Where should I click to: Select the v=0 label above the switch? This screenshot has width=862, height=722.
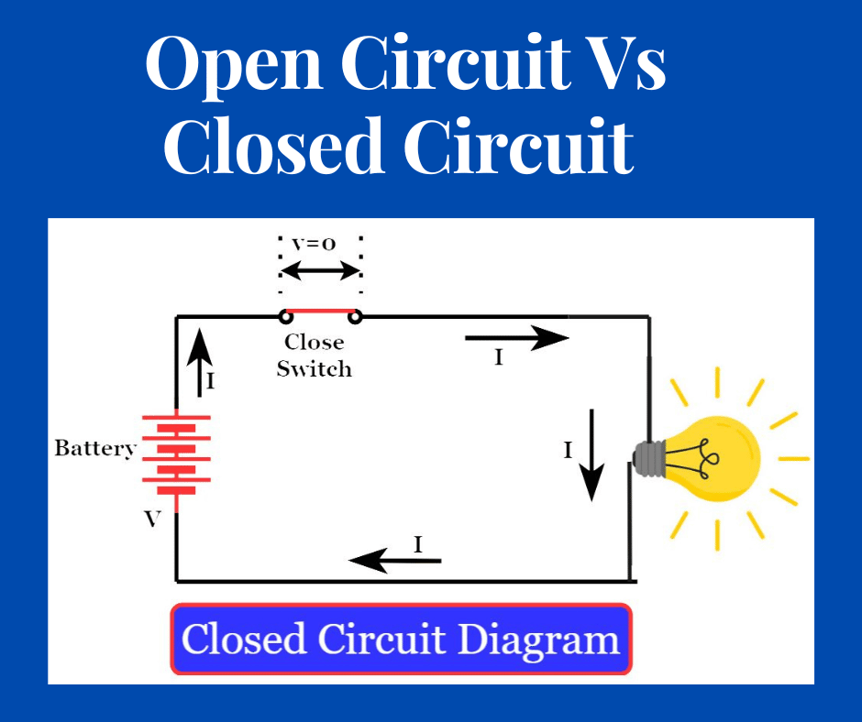314,244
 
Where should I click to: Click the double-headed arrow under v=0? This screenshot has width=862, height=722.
320,270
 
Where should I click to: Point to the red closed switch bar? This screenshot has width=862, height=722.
320,311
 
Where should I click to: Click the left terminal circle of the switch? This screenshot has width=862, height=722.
286,317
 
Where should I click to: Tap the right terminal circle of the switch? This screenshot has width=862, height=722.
355,317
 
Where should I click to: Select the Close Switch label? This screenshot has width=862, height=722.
314,356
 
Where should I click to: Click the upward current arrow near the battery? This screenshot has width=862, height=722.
201,362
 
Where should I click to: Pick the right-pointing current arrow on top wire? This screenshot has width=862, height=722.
517,337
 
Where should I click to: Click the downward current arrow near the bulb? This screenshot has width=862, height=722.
592,454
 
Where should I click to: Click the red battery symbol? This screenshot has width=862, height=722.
176,453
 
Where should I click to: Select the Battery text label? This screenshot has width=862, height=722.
94,448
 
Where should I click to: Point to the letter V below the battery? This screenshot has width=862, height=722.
152,520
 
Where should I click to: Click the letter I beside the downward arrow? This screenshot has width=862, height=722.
568,450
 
